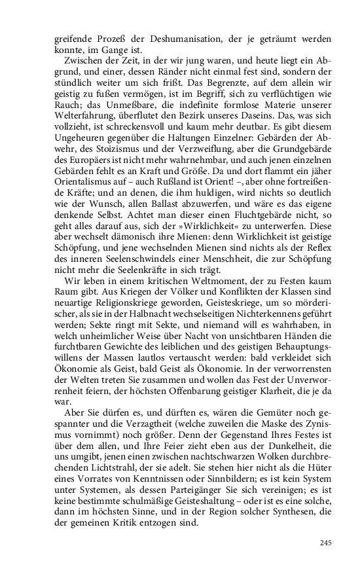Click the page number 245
327,543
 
